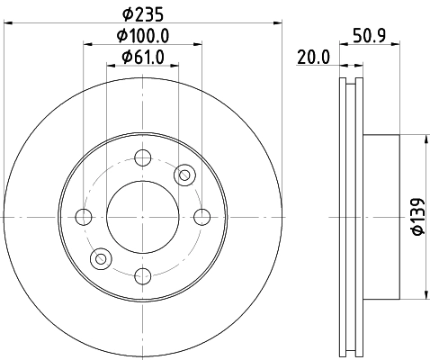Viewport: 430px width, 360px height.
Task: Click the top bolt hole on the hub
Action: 142,158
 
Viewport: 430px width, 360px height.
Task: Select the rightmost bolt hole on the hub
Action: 202,216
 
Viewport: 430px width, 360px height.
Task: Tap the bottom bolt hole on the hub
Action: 142,275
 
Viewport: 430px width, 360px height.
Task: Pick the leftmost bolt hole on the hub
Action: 84,216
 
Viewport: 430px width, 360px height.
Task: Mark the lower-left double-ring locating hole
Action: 101,259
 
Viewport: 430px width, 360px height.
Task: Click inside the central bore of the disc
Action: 142,216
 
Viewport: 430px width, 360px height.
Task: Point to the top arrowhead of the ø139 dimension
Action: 424,138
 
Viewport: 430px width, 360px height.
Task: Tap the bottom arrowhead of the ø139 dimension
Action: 424,296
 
